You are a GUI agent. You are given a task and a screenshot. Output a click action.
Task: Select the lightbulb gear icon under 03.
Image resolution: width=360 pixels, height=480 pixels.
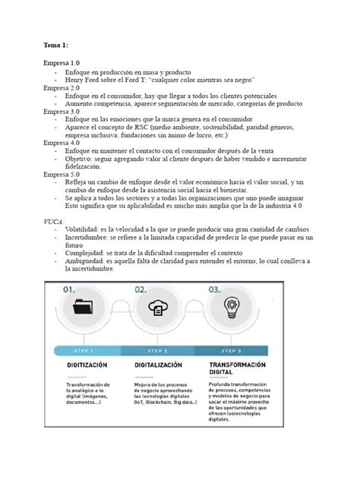tap(232, 308)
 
